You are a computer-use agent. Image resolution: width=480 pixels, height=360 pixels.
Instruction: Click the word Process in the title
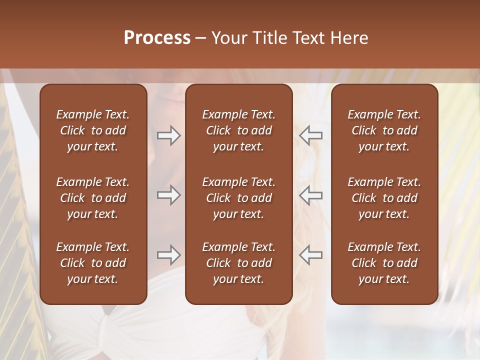click(x=157, y=38)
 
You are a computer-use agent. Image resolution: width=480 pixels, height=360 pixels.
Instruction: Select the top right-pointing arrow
click(x=168, y=135)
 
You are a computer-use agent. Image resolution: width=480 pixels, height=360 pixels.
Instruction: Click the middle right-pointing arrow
click(x=168, y=195)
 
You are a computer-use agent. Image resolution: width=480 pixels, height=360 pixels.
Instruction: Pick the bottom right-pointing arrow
click(x=168, y=255)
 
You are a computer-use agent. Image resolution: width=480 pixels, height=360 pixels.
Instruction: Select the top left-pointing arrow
click(x=311, y=135)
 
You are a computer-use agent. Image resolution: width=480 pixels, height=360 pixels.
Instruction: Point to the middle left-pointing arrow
click(x=311, y=195)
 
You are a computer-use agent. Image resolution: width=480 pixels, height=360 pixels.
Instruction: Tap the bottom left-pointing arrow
click(x=311, y=255)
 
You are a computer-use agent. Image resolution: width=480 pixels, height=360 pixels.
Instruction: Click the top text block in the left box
click(x=93, y=130)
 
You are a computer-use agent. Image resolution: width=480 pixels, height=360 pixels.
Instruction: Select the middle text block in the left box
click(x=93, y=198)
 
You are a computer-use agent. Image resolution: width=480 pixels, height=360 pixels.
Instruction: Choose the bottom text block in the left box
click(x=93, y=263)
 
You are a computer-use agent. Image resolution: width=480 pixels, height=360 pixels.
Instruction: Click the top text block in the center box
click(x=239, y=130)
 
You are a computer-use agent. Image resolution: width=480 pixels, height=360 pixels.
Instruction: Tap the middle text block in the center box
click(x=239, y=198)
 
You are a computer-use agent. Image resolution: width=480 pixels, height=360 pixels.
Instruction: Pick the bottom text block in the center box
click(x=239, y=263)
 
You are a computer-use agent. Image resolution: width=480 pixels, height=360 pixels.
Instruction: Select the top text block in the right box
click(x=384, y=130)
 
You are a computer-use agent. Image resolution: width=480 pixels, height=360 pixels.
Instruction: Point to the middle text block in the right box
click(x=384, y=198)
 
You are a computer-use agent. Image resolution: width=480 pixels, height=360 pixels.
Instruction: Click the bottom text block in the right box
click(x=384, y=263)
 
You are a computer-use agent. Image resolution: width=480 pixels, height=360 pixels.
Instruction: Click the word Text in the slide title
click(x=308, y=38)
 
